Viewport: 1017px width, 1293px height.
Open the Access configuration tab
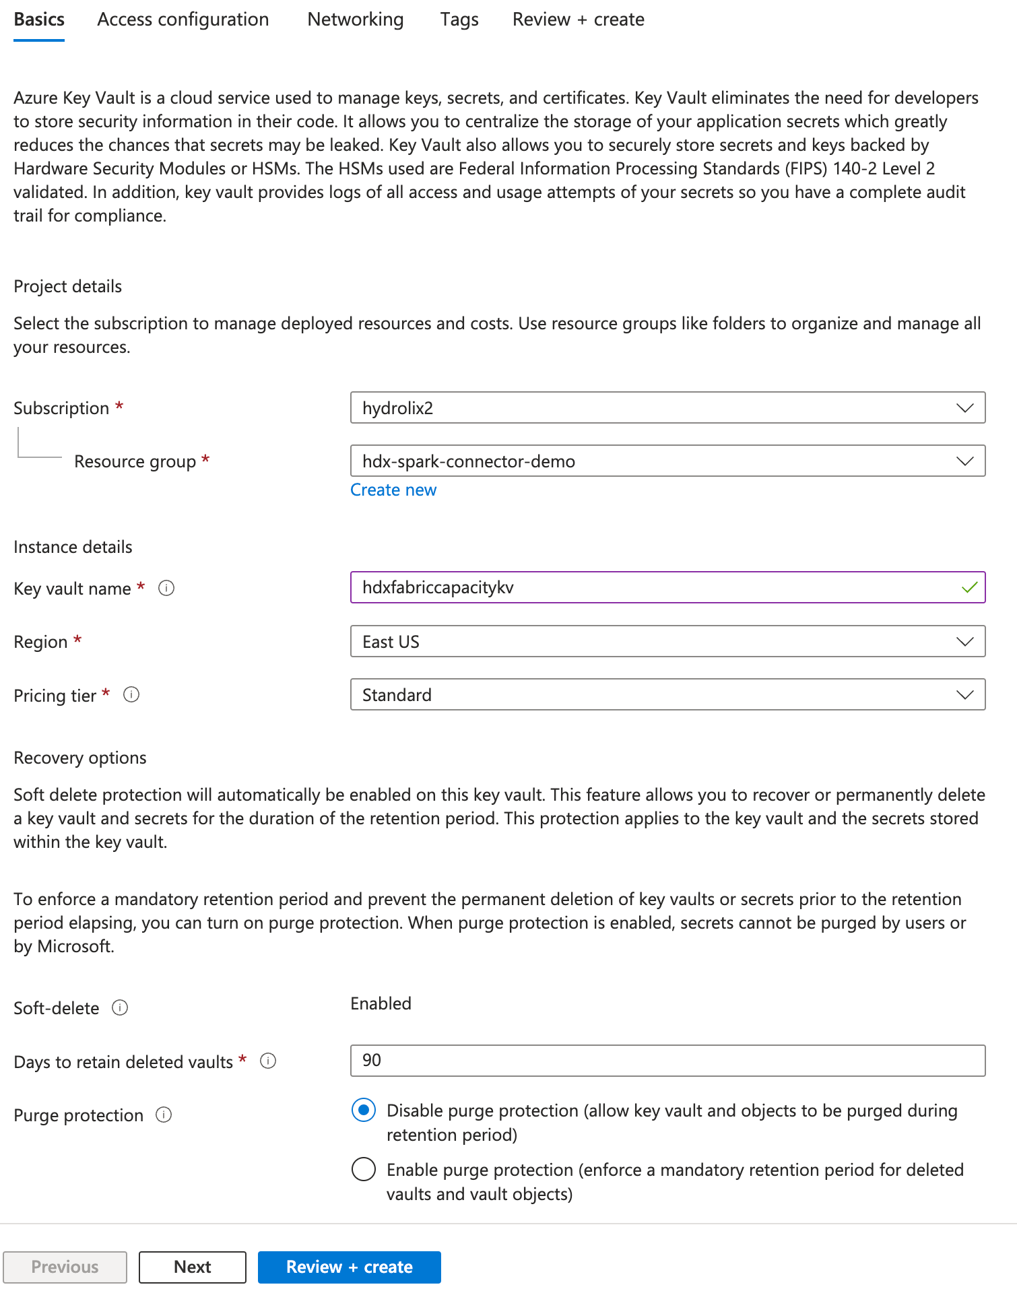pos(183,20)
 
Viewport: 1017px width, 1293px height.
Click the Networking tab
pos(355,20)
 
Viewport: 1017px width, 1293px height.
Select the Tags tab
pos(459,20)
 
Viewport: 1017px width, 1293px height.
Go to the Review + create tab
pos(578,20)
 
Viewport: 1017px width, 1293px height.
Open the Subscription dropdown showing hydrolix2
pos(667,407)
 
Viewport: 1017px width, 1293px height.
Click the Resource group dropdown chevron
pos(964,461)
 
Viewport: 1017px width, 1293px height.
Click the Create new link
pos(393,490)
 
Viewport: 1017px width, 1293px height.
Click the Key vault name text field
pos(653,587)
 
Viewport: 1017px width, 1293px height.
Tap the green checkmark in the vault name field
pos(969,587)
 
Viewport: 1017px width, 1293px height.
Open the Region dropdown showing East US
pos(667,641)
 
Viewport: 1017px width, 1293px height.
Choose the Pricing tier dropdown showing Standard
pos(667,694)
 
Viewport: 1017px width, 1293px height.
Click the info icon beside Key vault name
pos(166,588)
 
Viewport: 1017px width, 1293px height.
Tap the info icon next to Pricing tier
pos(131,694)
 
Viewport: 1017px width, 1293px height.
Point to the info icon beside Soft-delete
pos(120,1007)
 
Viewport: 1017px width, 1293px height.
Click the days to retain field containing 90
pos(667,1061)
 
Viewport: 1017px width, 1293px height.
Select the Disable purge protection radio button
pos(364,1110)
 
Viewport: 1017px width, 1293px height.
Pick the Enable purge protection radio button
pos(364,1169)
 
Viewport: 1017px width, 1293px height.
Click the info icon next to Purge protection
pos(164,1115)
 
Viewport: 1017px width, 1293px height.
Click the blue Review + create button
pos(349,1267)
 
